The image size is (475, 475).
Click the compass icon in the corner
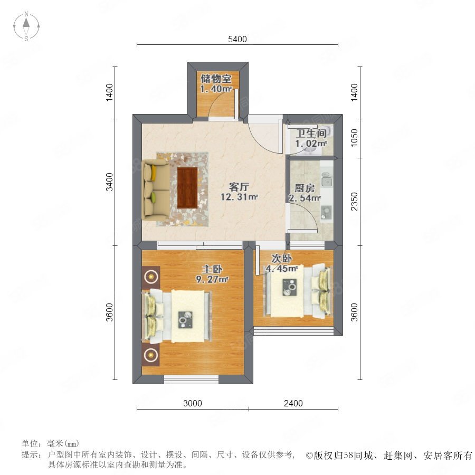click(x=26, y=26)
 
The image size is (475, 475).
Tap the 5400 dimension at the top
click(x=237, y=39)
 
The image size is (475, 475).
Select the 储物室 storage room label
click(x=216, y=79)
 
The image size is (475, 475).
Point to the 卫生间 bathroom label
click(x=311, y=134)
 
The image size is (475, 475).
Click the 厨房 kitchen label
click(x=305, y=188)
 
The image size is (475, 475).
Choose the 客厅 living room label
click(x=239, y=187)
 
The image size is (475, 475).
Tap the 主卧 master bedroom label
click(x=212, y=269)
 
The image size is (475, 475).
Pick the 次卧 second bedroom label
click(x=281, y=259)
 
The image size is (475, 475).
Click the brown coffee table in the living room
click(x=187, y=188)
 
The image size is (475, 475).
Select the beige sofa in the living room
click(x=156, y=190)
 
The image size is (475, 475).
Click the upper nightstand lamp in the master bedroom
click(x=151, y=276)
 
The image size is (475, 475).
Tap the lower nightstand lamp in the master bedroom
click(x=150, y=355)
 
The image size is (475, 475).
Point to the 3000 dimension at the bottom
click(x=193, y=403)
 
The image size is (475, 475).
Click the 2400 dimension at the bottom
click(x=293, y=403)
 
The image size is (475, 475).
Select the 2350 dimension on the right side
click(x=354, y=202)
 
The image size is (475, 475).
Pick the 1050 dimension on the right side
click(x=354, y=138)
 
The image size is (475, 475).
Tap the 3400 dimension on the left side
click(x=109, y=182)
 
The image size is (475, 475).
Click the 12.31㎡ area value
click(x=239, y=197)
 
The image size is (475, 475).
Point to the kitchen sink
click(x=327, y=182)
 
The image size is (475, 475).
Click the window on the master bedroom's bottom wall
click(x=191, y=379)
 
